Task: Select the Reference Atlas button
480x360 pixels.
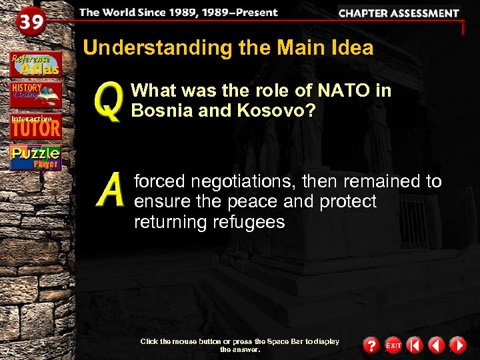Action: click(35, 63)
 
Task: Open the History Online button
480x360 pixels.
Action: click(35, 95)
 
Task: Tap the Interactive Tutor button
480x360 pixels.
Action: click(35, 125)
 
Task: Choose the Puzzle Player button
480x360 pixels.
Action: click(35, 157)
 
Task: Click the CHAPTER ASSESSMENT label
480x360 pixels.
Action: click(399, 13)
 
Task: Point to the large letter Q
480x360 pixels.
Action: click(109, 102)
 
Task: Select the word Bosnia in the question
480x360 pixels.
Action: click(158, 110)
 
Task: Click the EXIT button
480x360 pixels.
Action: click(393, 345)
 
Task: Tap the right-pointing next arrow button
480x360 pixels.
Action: click(457, 345)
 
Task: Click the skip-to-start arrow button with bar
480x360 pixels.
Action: click(415, 345)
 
